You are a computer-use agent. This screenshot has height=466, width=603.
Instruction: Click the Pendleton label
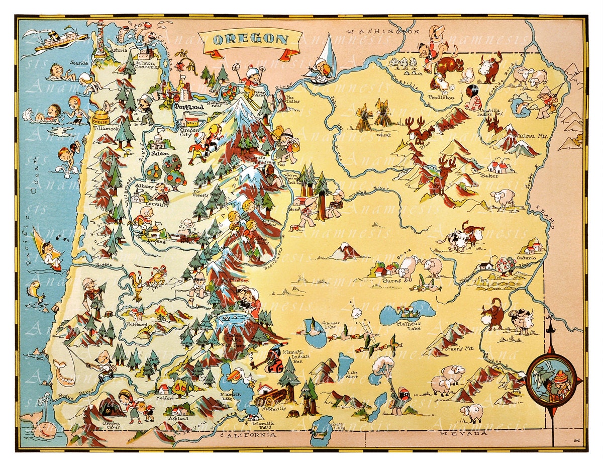[441, 98]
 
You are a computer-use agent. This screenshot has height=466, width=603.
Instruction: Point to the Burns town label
[391, 281]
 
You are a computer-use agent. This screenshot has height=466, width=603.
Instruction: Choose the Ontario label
[526, 258]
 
